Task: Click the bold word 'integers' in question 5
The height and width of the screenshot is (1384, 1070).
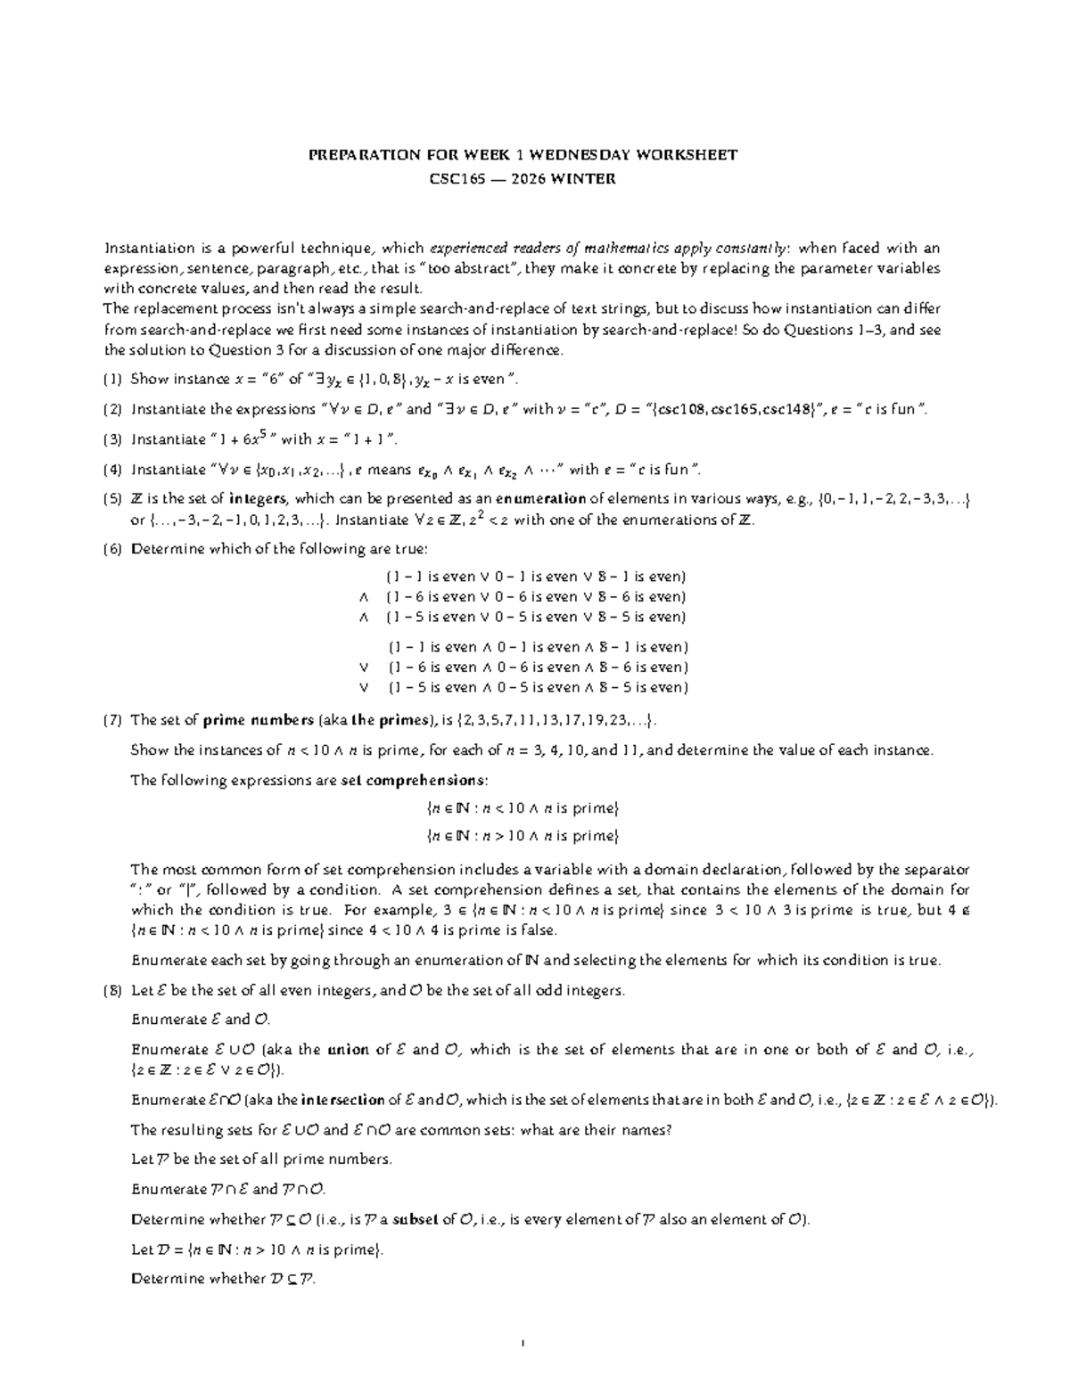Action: [259, 499]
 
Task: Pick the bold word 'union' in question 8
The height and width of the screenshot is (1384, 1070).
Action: [349, 1050]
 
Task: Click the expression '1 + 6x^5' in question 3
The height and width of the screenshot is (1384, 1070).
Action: [241, 439]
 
